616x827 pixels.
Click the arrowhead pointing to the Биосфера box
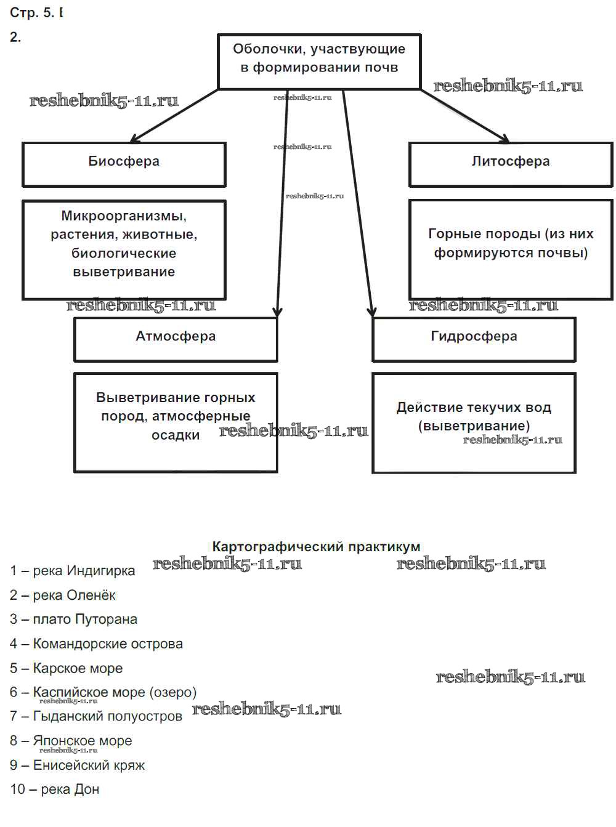pyautogui.click(x=134, y=139)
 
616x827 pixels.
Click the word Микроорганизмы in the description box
pyautogui.click(x=124, y=216)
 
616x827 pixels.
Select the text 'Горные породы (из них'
pyautogui.click(x=511, y=234)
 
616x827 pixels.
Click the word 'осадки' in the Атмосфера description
pyautogui.click(x=176, y=435)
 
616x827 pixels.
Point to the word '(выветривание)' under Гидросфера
pyautogui.click(x=474, y=426)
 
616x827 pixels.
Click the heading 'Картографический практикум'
pyautogui.click(x=316, y=547)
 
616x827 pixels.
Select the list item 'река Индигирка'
pyautogui.click(x=84, y=571)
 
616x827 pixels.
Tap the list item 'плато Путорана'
pyautogui.click(x=85, y=619)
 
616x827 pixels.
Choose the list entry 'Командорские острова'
pyautogui.click(x=108, y=644)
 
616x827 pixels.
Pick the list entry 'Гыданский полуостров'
pyautogui.click(x=107, y=717)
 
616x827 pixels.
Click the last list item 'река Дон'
pyautogui.click(x=70, y=789)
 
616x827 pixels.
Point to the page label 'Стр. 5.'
pyautogui.click(x=32, y=13)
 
